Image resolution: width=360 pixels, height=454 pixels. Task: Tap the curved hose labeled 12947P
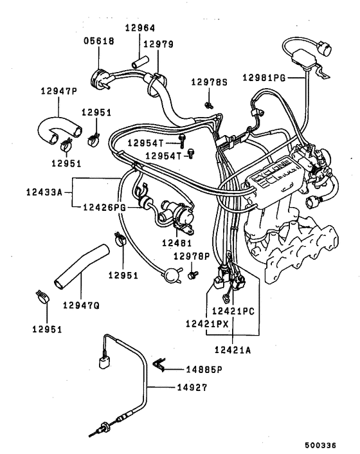pyautogui.click(x=51, y=126)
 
